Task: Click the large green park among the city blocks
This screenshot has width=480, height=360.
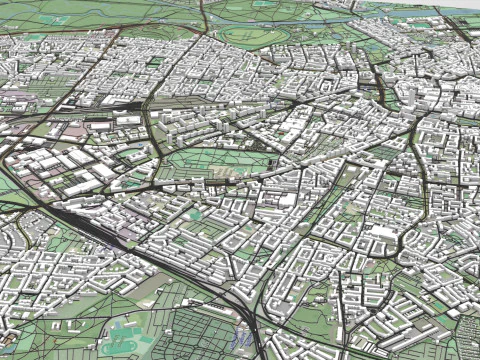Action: click(215, 160)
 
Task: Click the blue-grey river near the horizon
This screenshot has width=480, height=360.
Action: click(300, 19)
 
